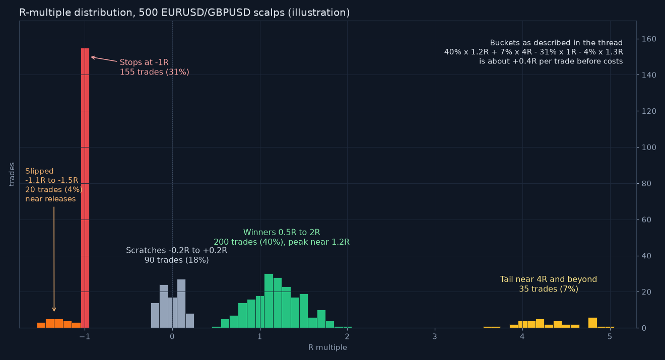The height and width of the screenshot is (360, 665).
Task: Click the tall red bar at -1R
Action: point(85,188)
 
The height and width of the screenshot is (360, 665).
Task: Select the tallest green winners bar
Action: point(269,301)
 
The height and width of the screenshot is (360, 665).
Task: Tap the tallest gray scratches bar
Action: point(181,303)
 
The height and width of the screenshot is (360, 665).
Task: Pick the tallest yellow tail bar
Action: point(592,323)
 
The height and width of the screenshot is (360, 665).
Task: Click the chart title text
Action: point(184,13)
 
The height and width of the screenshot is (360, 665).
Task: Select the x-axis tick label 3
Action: point(435,336)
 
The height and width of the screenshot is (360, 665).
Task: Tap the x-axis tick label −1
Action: point(85,336)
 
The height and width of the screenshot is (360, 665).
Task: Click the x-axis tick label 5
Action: point(610,336)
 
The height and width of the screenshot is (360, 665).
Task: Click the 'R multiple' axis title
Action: point(327,347)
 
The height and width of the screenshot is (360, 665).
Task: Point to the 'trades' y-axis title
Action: point(12,174)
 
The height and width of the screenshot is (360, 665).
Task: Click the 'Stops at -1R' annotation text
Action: point(144,62)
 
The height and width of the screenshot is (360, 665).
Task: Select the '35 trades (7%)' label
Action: point(549,289)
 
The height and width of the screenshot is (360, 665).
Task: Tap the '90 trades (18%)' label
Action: point(177,260)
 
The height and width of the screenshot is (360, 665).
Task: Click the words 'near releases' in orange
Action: point(50,199)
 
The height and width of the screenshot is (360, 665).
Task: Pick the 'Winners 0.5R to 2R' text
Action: point(282,232)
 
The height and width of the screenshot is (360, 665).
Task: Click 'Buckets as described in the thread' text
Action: point(556,43)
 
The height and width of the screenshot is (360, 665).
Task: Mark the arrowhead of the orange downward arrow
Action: point(54,311)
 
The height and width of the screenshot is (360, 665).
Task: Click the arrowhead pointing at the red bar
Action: point(92,57)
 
